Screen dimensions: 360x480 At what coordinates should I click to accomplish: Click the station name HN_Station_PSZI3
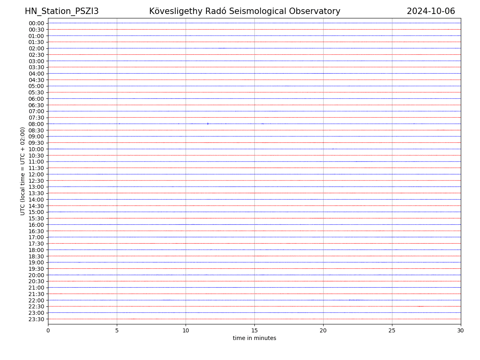pyautogui.click(x=62, y=12)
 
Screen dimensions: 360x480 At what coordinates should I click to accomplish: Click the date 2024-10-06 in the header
pyautogui.click(x=431, y=12)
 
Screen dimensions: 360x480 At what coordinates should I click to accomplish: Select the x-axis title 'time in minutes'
pyautogui.click(x=254, y=338)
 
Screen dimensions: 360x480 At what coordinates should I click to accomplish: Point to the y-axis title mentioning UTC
pyautogui.click(x=23, y=171)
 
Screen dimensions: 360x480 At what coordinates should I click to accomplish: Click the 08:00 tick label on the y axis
pyautogui.click(x=36, y=124)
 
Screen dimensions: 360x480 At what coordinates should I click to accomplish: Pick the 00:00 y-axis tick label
pyautogui.click(x=36, y=23)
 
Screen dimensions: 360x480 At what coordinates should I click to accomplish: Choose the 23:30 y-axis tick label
pyautogui.click(x=36, y=319)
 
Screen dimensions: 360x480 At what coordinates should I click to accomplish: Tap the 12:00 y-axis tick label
pyautogui.click(x=36, y=174)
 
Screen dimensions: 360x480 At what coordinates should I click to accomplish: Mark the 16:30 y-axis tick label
pyautogui.click(x=36, y=231)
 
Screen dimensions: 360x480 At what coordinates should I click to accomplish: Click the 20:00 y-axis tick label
pyautogui.click(x=36, y=275)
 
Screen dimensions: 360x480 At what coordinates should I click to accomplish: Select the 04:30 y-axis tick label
pyautogui.click(x=36, y=80)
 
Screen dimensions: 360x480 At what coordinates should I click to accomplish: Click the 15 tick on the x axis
pyautogui.click(x=254, y=331)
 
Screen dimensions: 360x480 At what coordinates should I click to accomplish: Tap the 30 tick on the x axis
pyautogui.click(x=461, y=331)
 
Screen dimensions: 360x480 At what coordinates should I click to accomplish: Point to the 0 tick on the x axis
pyautogui.click(x=48, y=331)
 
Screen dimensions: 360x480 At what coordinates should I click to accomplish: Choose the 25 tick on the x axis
pyautogui.click(x=392, y=331)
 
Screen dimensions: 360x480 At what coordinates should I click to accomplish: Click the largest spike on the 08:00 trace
pyautogui.click(x=208, y=124)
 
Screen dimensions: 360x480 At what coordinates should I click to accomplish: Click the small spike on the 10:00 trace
pyautogui.click(x=333, y=149)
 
